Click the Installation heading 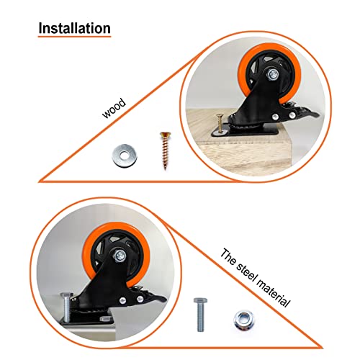tap(74, 29)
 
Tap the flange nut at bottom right tap(243, 318)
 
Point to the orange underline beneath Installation tap(74, 39)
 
